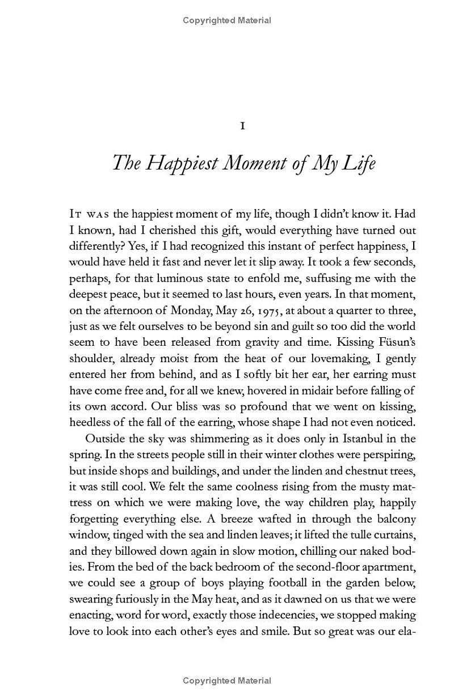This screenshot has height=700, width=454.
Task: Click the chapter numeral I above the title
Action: pyautogui.click(x=242, y=126)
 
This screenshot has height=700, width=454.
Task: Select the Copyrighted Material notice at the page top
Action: pyautogui.click(x=227, y=20)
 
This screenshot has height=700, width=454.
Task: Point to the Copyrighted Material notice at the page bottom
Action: pyautogui.click(x=227, y=681)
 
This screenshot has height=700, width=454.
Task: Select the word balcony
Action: pyautogui.click(x=396, y=519)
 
